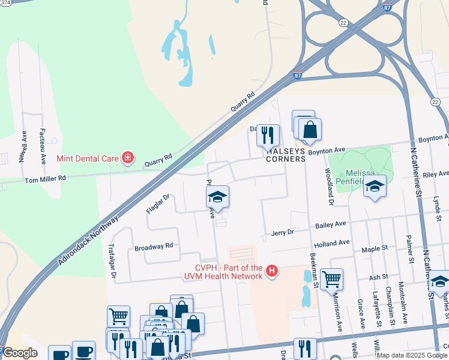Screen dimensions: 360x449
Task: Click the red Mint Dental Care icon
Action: pyautogui.click(x=127, y=158)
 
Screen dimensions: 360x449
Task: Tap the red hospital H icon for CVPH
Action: pyautogui.click(x=273, y=271)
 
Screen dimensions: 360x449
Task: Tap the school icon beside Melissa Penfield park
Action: pyautogui.click(x=375, y=187)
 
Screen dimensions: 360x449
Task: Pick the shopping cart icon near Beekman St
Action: pyautogui.click(x=331, y=278)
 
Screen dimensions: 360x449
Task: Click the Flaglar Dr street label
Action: pyautogui.click(x=158, y=203)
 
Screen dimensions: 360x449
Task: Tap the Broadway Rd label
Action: pyautogui.click(x=154, y=246)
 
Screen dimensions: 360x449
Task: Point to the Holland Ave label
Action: pyautogui.click(x=331, y=243)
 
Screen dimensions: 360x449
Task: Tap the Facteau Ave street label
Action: pyautogui.click(x=43, y=146)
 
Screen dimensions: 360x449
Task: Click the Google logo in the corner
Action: pyautogui.click(x=20, y=353)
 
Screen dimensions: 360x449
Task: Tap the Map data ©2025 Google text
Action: pyautogui.click(x=412, y=355)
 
